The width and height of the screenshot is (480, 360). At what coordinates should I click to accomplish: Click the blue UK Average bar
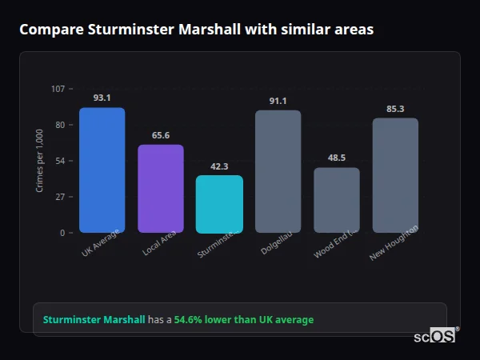coord(102,170)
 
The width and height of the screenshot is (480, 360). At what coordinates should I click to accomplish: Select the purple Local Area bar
coord(161,189)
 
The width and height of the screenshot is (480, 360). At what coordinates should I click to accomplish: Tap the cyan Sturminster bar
coord(219,204)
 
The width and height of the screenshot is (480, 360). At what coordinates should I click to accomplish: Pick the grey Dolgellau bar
coord(278,172)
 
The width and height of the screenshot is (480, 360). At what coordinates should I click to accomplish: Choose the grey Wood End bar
coord(336,200)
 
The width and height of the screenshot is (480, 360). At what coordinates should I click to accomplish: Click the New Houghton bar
coord(395,175)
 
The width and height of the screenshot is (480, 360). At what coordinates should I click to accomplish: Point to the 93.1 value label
coord(102,98)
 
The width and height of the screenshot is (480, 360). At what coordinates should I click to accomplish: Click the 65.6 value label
coord(161,135)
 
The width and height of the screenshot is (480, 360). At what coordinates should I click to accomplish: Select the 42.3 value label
coord(219,166)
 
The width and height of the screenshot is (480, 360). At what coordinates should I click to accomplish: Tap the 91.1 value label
coord(278,101)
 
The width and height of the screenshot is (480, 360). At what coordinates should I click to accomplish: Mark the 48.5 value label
coord(336,158)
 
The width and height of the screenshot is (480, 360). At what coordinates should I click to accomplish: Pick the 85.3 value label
coord(395,109)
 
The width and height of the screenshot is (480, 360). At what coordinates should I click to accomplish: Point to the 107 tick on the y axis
coord(58,89)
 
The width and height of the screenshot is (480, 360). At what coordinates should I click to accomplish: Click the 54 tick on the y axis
coord(60,161)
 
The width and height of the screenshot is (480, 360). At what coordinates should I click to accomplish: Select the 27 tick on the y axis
coord(60,197)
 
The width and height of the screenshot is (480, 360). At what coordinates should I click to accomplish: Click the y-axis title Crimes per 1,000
coord(39,160)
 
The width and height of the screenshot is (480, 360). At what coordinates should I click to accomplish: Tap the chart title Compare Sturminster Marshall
coord(196,30)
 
